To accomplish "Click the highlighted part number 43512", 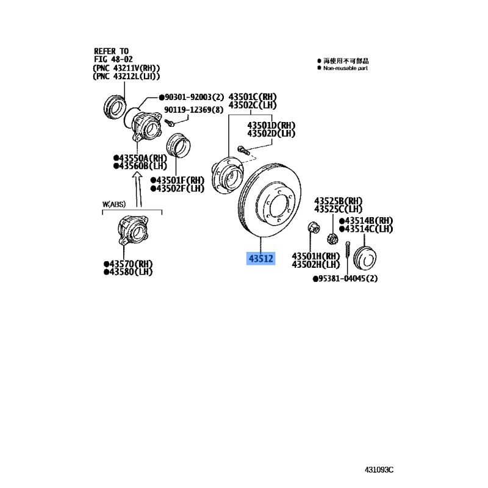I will [261, 259].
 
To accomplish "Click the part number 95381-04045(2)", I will [346, 279].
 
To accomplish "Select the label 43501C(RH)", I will [253, 97].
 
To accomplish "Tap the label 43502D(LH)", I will [271, 134].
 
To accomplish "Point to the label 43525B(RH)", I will [339, 201].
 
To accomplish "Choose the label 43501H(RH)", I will [315, 256].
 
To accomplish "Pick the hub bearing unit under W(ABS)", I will [132, 233].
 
